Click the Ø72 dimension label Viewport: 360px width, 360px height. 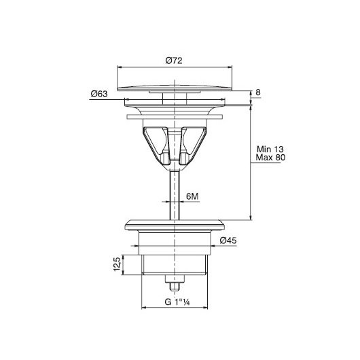click(x=174, y=60)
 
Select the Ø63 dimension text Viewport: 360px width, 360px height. click(x=99, y=94)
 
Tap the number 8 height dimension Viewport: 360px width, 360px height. click(x=258, y=92)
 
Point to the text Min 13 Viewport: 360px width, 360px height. click(x=270, y=149)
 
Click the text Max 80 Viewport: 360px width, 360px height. click(x=270, y=158)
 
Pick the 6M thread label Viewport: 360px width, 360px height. click(x=192, y=196)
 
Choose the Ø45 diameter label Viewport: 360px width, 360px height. click(x=228, y=240)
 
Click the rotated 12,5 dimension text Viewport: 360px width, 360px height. click(x=117, y=264)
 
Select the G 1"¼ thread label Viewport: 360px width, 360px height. click(x=177, y=302)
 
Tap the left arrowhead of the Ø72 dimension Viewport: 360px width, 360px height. click(x=120, y=67)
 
